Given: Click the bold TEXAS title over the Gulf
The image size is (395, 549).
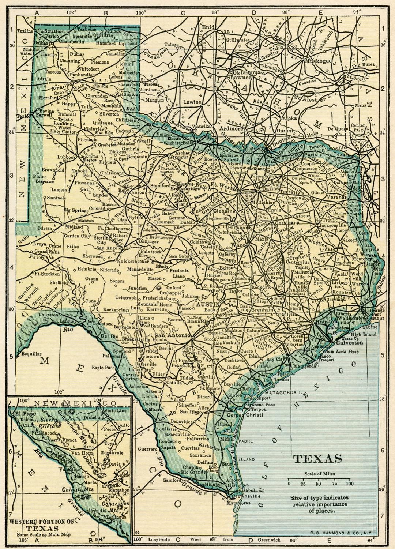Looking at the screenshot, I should (318, 459).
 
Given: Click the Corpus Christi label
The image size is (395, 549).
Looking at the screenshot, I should (240, 415).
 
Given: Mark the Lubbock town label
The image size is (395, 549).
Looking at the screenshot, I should (66, 157).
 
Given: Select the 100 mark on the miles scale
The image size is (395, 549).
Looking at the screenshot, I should (350, 484).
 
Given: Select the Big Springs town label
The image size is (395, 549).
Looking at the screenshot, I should (76, 210).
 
